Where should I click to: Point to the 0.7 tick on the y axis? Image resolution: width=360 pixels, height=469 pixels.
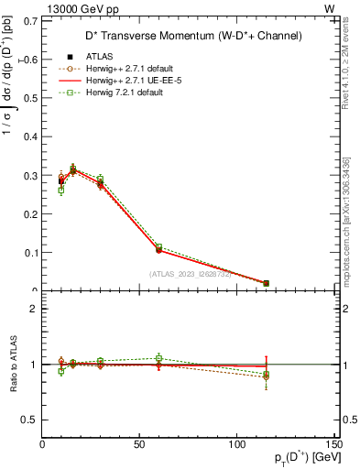point(29,20)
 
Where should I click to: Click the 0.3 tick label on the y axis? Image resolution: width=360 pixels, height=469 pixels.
point(29,175)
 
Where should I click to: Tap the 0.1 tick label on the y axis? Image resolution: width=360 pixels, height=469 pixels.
point(29,253)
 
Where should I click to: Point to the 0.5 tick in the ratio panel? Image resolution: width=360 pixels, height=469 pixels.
point(29,420)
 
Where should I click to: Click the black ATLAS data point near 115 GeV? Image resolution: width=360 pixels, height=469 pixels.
point(266,283)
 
